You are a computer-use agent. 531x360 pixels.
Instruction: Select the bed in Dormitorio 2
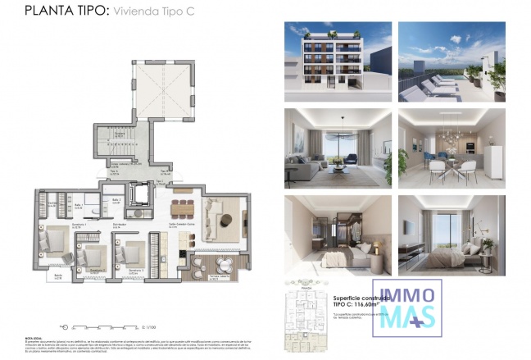click(x=93, y=255)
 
